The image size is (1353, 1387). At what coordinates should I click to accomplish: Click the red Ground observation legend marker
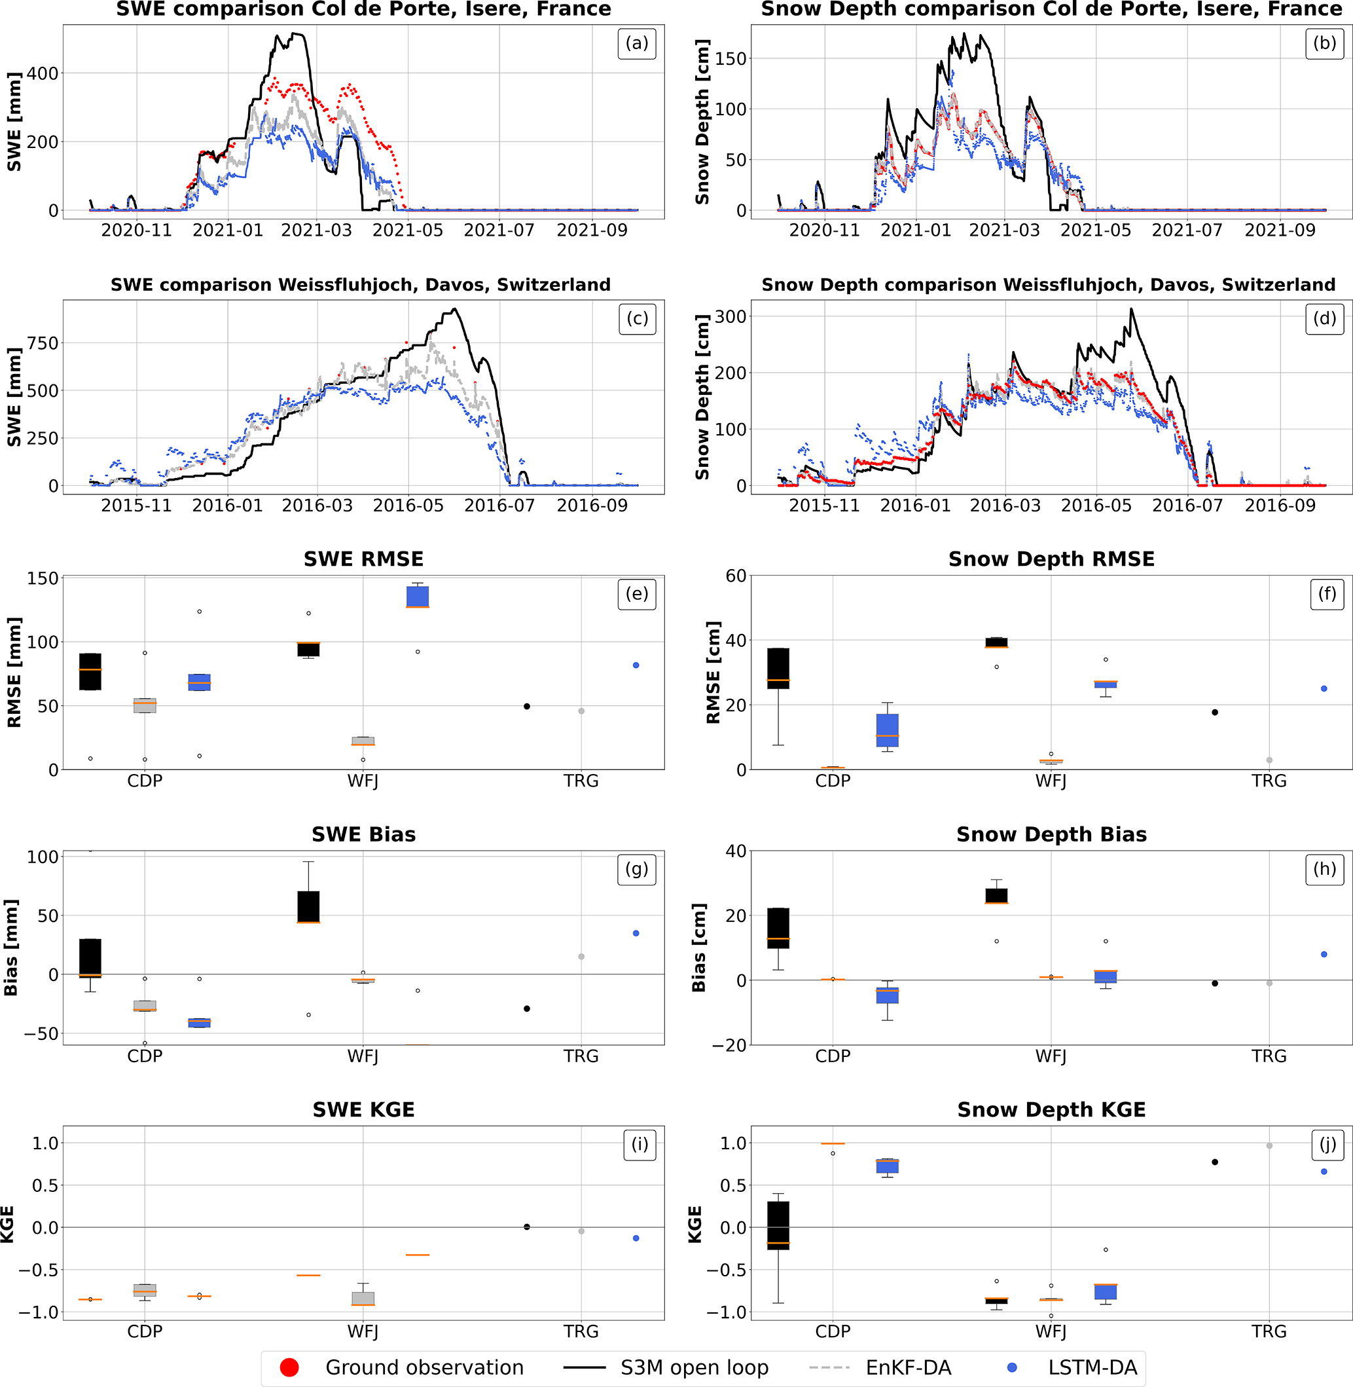[289, 1367]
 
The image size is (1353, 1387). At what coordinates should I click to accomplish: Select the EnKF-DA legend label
[908, 1367]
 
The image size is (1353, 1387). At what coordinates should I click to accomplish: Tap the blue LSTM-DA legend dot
[1012, 1367]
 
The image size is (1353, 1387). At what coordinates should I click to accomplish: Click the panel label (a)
[637, 44]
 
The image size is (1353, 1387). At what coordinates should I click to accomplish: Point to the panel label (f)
[1327, 593]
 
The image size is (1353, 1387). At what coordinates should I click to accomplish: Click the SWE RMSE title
[363, 559]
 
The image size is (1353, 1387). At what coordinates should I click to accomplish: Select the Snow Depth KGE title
[1051, 1109]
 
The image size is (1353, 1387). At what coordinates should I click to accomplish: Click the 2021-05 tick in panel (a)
[407, 231]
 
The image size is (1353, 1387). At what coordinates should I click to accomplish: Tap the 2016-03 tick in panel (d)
[1005, 506]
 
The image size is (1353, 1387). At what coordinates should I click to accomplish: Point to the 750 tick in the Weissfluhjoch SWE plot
[43, 343]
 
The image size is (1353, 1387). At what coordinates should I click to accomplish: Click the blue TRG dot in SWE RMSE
[636, 665]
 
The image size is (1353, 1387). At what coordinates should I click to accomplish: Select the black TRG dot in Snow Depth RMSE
[1215, 712]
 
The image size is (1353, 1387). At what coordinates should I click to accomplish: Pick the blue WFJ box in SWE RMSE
[418, 597]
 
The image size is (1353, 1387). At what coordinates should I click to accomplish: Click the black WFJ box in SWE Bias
[308, 906]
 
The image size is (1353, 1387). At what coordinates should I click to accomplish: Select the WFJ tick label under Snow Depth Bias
[1051, 1056]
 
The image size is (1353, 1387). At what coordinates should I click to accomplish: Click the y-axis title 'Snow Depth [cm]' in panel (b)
[702, 122]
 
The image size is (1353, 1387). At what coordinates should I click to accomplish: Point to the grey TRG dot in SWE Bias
[581, 956]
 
